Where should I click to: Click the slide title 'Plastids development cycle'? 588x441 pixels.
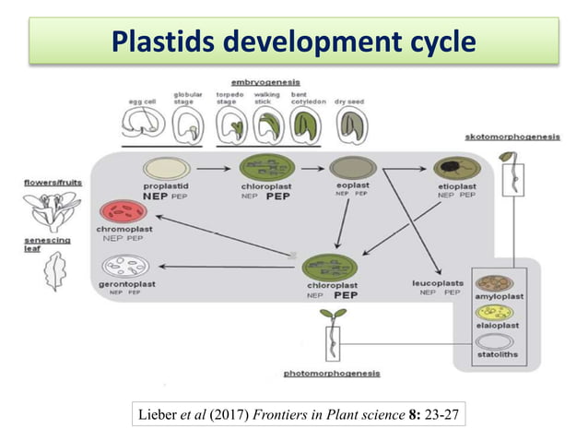(293, 42)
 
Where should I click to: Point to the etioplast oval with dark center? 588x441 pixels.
(459, 169)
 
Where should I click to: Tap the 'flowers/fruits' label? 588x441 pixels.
(53, 183)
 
